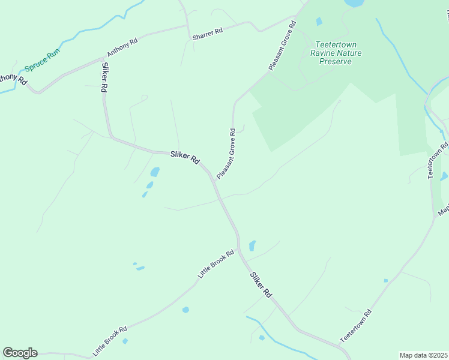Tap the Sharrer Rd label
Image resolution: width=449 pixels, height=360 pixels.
point(208,35)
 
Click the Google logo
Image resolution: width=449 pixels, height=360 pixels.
point(20,353)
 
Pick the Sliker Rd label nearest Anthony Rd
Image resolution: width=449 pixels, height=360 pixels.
point(104,77)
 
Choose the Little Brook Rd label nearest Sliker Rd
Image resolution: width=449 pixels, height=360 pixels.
point(215,265)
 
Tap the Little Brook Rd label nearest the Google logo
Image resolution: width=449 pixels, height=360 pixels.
point(110,340)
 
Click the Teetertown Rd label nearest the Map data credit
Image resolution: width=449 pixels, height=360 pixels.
point(356,326)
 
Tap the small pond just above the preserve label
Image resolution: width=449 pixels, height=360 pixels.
point(319,22)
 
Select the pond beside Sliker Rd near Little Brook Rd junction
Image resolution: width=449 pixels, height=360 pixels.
point(252,245)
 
